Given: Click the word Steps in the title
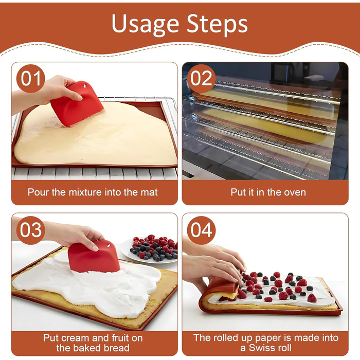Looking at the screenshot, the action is point(217,24).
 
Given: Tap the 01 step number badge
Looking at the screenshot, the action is point(31,79).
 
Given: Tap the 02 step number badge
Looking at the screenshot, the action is point(202,79).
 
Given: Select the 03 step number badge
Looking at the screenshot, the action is point(31,230).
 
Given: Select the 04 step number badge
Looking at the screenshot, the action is point(202,230).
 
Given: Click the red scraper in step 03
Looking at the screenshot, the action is point(94,257).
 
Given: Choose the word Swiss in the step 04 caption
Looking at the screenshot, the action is point(260,348).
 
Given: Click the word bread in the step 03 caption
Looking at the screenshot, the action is point(117,348).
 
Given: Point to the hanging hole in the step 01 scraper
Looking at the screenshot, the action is point(84,85).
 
